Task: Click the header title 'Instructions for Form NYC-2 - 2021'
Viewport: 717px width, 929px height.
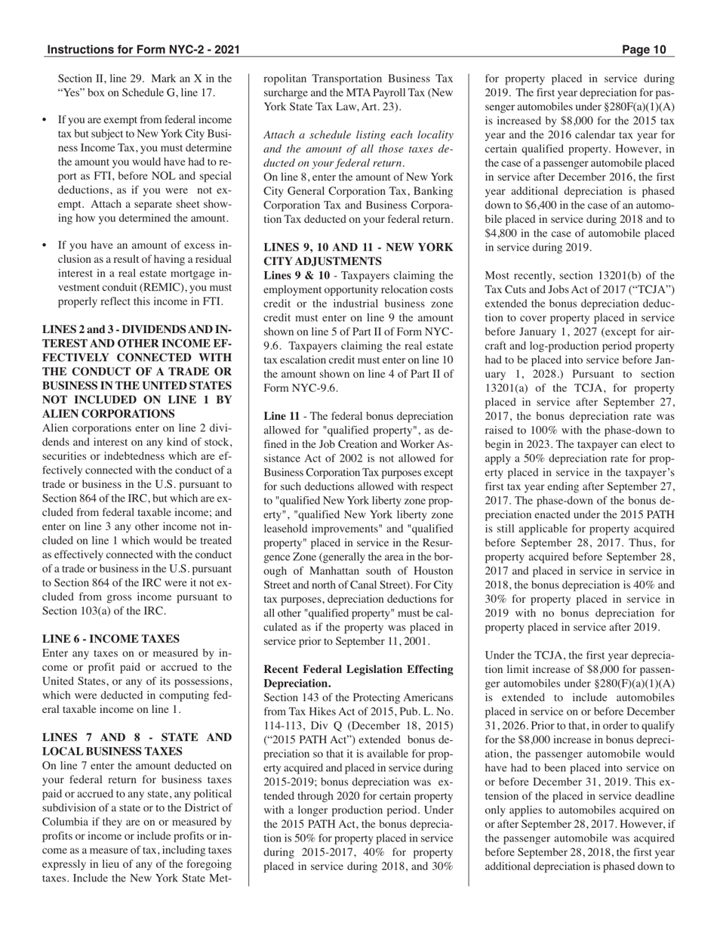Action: (x=143, y=51)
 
